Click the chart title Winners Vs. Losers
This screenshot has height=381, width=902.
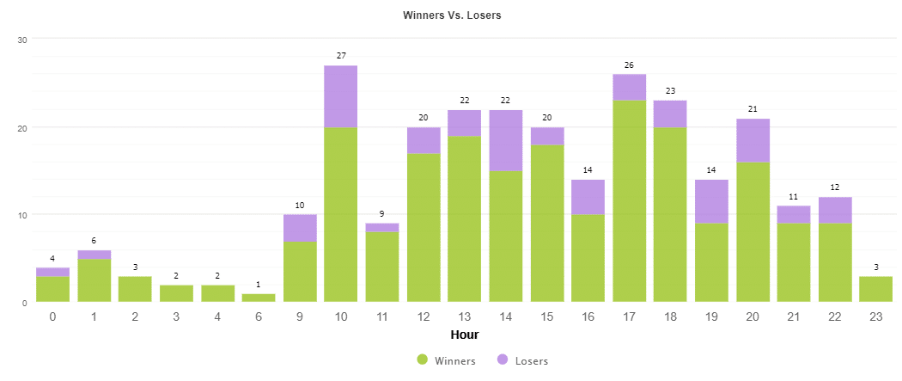coord(452,15)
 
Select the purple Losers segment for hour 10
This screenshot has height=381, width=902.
coord(341,96)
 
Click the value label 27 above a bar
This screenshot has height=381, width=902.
coord(341,56)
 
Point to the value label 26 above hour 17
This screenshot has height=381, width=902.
coord(630,65)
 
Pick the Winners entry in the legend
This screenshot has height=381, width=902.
coord(446,360)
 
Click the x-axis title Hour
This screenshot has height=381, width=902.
coord(464,335)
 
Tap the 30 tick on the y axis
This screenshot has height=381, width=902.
coord(22,40)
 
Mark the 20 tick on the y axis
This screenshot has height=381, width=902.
coord(22,127)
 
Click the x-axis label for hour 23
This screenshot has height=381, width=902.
coord(876,317)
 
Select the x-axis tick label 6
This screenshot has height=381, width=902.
coord(259,317)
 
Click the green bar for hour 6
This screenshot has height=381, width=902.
coord(259,298)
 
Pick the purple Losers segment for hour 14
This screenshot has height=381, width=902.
coord(506,140)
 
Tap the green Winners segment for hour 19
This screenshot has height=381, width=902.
coord(712,262)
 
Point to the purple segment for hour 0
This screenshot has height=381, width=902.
coord(52,272)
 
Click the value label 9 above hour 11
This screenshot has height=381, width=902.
coord(382,214)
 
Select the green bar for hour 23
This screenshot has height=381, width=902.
coord(876,289)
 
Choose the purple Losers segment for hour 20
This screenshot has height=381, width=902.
coord(753,140)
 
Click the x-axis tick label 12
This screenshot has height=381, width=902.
coord(424,317)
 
